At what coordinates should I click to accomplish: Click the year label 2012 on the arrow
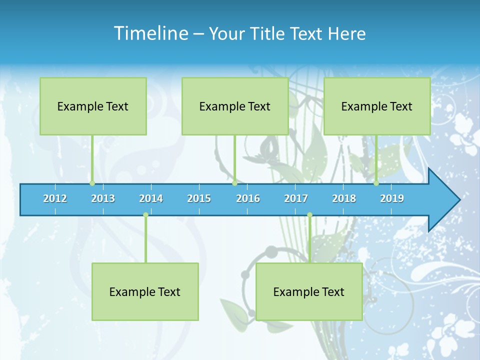pos(55,198)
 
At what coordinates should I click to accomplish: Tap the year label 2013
pos(103,198)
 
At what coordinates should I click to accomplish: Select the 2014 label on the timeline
pos(151,198)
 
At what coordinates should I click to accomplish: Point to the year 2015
pos(199,198)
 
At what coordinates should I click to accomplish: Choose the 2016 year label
pos(248,198)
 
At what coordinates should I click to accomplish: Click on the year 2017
pos(296,198)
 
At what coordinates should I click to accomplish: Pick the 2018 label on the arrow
pos(344,198)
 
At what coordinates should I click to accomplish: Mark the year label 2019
pos(392,198)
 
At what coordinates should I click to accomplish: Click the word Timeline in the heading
pos(150,33)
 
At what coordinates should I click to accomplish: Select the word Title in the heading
pos(268,33)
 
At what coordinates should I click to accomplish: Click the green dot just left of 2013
pos(92,183)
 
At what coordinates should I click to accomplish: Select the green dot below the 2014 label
pos(145,214)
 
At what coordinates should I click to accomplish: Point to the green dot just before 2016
pos(234,183)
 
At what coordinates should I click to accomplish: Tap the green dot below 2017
pos(309,214)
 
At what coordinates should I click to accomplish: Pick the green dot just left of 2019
pos(376,183)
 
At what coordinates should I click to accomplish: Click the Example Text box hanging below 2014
pos(145,291)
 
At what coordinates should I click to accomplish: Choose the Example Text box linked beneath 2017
pos(309,291)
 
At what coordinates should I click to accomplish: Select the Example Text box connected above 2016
pos(235,106)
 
